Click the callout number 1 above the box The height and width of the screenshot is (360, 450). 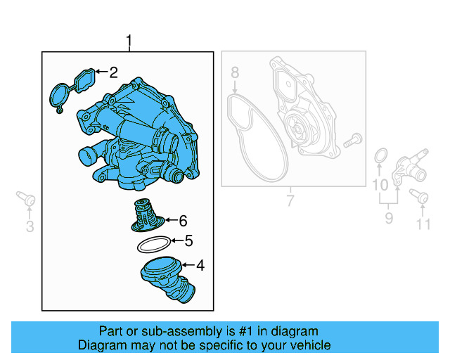[x=129, y=41]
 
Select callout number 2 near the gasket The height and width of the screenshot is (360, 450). [x=112, y=71]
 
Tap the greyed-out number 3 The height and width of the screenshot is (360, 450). [x=30, y=226]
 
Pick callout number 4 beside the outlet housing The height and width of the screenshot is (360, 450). [x=200, y=266]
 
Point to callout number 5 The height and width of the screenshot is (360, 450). [x=188, y=241]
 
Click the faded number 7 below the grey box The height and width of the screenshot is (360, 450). [x=289, y=202]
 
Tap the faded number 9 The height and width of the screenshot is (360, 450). [x=388, y=219]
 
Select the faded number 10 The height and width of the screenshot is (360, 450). [x=380, y=185]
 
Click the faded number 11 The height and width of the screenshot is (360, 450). [x=422, y=225]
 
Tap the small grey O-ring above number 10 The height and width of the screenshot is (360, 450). [x=380, y=155]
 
